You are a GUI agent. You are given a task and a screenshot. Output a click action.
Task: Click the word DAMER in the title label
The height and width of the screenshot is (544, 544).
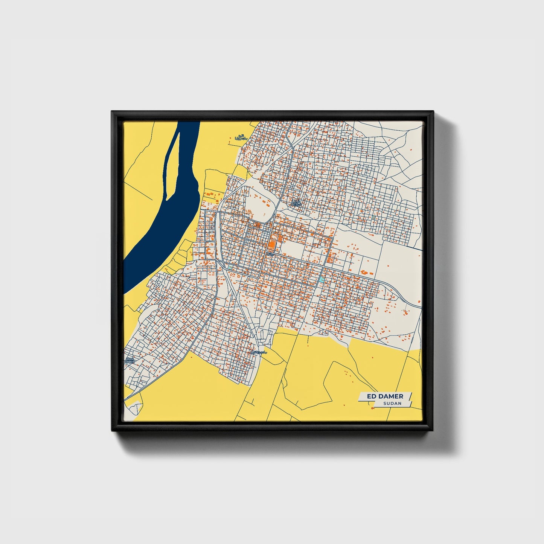pos(391,396)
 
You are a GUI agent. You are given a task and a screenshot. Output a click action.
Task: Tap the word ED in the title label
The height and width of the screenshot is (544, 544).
pos(372,396)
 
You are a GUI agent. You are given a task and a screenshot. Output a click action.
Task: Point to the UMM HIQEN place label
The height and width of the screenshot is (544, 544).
pos(130,361)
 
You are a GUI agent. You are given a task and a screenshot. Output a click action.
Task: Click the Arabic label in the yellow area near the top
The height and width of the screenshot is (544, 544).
pos(240,138)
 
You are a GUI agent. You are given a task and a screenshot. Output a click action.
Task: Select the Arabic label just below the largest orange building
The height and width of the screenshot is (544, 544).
pos(270,254)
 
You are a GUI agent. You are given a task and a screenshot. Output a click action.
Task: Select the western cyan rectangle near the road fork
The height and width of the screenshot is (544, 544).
pos(230,268)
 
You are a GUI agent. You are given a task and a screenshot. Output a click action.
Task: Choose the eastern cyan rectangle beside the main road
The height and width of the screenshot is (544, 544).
pos(321,279)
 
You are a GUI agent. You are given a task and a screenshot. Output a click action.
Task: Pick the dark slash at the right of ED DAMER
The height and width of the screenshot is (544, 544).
pos(409,396)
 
